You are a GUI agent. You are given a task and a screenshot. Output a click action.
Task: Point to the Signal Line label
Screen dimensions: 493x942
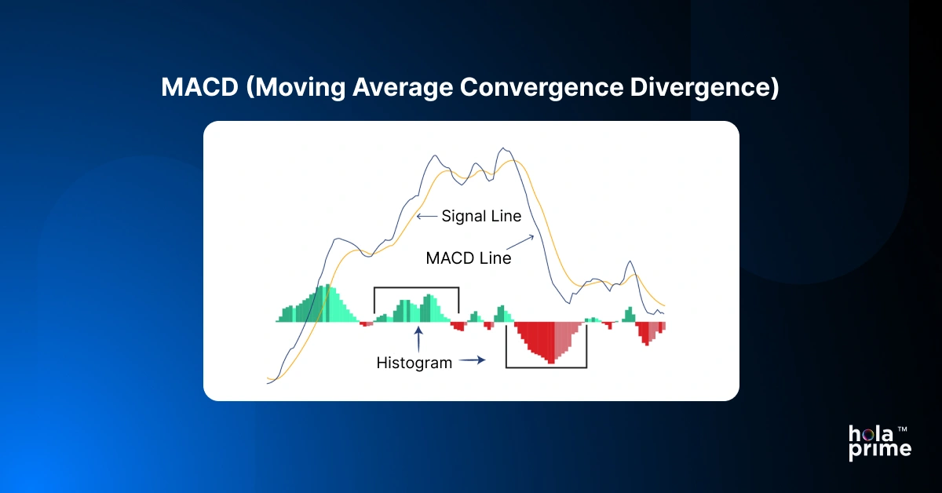click(x=481, y=216)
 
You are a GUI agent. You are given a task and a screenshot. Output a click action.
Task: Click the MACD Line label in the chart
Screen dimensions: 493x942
click(x=468, y=257)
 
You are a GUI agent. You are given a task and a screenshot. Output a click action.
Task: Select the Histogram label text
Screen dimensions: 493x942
click(x=414, y=363)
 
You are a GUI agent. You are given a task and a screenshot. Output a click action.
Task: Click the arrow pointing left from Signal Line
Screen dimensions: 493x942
click(x=427, y=215)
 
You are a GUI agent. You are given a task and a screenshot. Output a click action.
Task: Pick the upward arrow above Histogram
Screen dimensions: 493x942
click(x=419, y=340)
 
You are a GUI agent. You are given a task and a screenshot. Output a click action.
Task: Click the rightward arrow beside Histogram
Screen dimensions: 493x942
click(x=473, y=361)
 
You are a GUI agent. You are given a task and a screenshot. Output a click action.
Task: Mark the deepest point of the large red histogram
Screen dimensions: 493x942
click(x=552, y=362)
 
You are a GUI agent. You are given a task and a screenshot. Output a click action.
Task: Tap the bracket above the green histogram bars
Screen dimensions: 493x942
click(x=416, y=288)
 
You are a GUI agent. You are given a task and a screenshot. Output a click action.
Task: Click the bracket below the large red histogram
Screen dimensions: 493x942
click(x=546, y=367)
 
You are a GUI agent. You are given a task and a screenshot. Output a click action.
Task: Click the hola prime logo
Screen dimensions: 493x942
click(x=879, y=442)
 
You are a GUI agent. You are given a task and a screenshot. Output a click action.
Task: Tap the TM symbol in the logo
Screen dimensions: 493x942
click(x=903, y=430)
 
